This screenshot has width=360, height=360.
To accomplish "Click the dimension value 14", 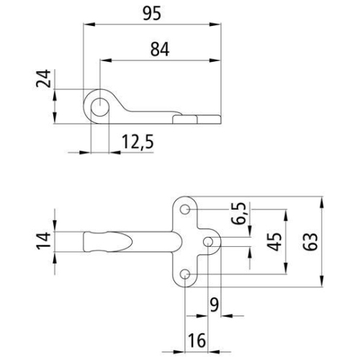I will tap(45, 240).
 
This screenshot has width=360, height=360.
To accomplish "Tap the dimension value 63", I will tap(311, 241).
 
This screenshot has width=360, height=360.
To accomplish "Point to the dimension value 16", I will tap(197, 338).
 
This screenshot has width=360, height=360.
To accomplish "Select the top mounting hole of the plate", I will tap(186, 210).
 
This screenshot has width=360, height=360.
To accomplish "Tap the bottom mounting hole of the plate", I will tap(186, 274).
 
